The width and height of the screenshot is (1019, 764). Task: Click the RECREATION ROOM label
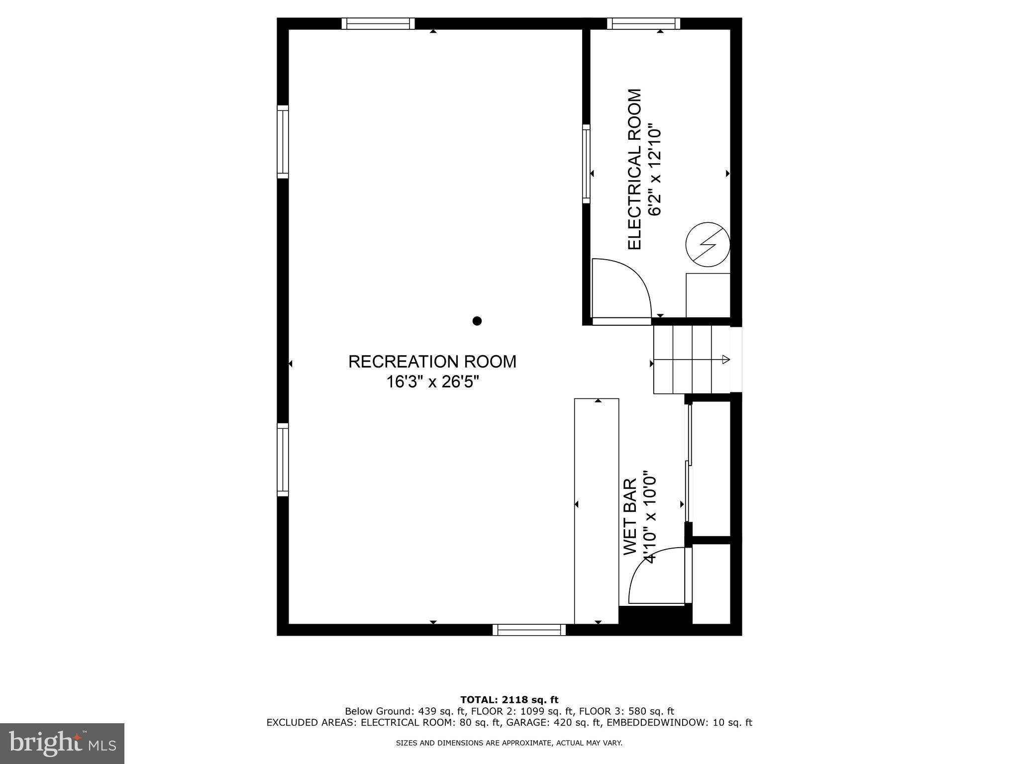[432, 362]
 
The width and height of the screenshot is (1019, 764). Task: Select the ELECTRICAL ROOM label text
[634, 170]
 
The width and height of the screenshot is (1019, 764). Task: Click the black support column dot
[477, 321]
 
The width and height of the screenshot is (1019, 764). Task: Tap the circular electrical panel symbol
[707, 244]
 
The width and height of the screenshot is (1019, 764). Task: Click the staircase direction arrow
[725, 359]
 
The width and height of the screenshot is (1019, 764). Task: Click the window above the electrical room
[643, 23]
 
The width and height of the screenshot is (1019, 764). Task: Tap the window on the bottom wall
[529, 630]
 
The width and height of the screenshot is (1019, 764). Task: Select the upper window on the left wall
[283, 142]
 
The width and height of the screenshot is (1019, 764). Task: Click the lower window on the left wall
[283, 460]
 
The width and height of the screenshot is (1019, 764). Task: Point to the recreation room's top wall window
[378, 23]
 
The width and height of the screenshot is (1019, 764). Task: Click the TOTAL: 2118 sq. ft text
[509, 700]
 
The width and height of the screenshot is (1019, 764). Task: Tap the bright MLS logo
[62, 743]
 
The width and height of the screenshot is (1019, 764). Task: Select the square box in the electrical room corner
[708, 295]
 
